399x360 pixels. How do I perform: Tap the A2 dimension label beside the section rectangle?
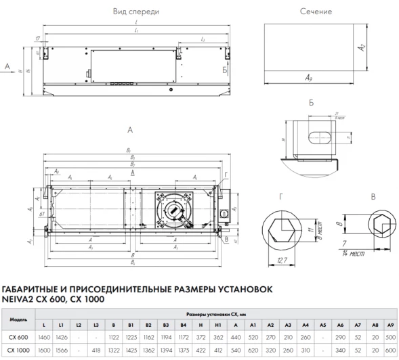point(362,47)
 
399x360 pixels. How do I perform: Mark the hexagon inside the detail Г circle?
point(280,227)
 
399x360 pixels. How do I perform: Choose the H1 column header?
point(218,325)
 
